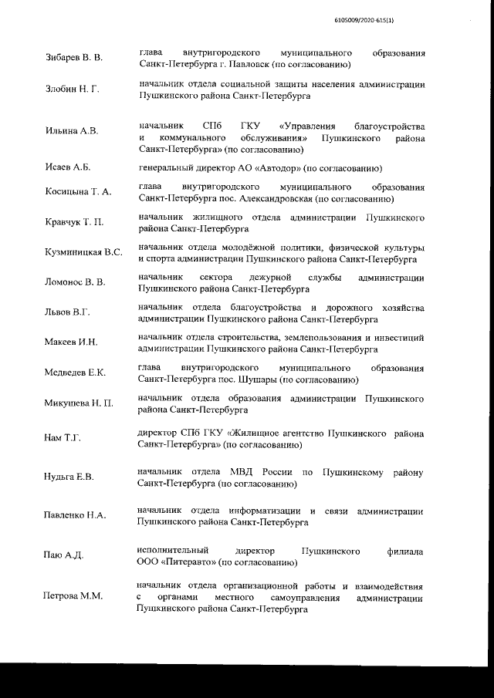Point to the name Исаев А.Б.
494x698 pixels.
coord(68,168)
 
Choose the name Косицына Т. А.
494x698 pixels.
coord(78,192)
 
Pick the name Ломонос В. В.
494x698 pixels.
coord(75,282)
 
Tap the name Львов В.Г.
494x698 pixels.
coord(68,312)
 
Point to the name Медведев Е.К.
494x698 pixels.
coord(75,373)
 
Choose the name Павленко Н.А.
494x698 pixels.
coord(75,515)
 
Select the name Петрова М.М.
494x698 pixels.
coord(73,597)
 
